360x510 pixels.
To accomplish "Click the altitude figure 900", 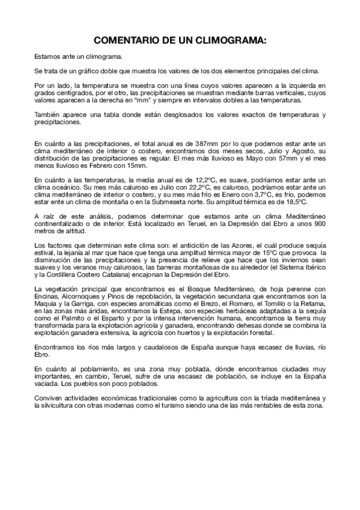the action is pyautogui.click(x=316, y=223).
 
